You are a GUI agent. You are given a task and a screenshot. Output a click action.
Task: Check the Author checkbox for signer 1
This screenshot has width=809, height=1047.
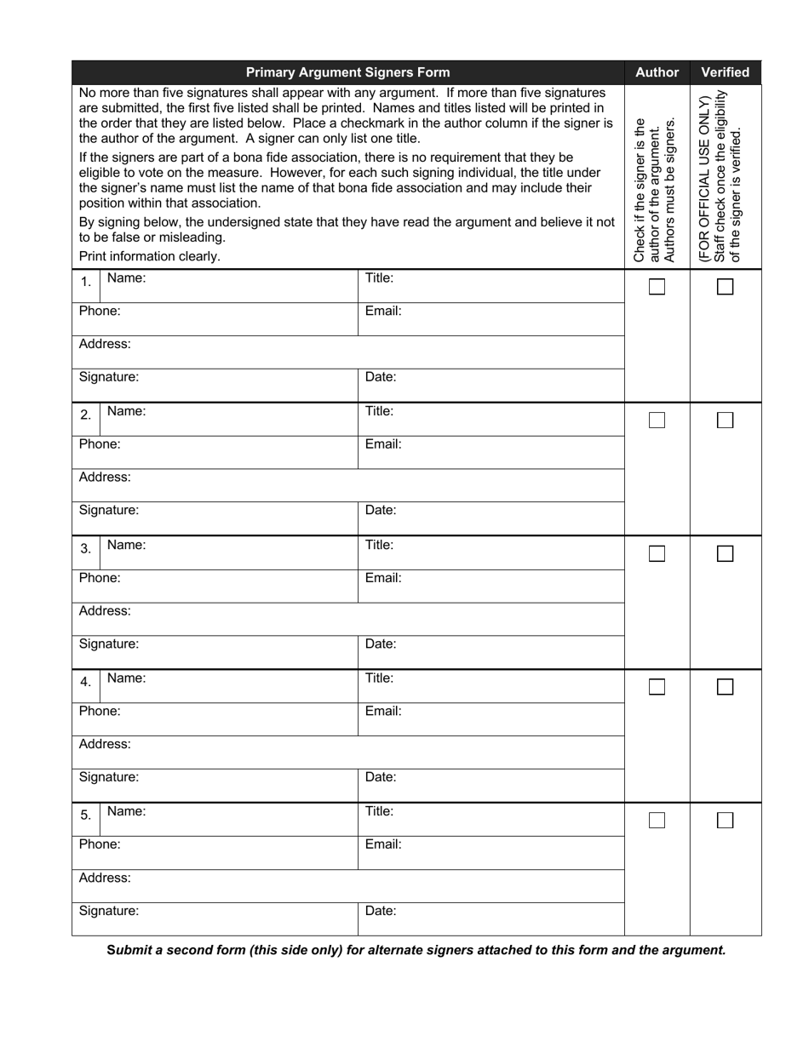tap(657, 287)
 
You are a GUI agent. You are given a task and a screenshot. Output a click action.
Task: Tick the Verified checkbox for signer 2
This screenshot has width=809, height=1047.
tap(725, 421)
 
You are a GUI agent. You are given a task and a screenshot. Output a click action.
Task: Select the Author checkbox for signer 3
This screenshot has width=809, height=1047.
tap(657, 554)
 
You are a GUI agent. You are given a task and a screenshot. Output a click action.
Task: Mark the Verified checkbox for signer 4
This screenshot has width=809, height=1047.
tap(725, 687)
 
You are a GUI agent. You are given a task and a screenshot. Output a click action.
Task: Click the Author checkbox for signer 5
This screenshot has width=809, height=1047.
tap(657, 821)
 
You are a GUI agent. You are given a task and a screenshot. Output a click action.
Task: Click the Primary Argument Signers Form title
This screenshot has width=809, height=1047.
tap(347, 72)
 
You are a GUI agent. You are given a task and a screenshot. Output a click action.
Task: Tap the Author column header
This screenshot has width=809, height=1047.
tap(657, 72)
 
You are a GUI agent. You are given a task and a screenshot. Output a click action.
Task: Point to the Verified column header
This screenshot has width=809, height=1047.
tap(726, 72)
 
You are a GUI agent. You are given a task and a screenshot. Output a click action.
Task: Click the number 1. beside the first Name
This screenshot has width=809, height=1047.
tap(86, 282)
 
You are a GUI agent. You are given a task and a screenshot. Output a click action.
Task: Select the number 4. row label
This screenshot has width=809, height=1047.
tap(86, 682)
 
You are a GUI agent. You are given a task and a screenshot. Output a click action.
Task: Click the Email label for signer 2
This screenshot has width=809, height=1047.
tap(383, 444)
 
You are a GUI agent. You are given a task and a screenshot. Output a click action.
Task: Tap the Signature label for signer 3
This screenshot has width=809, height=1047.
tap(109, 644)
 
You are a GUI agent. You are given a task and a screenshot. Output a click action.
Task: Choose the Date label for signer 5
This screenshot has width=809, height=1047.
tap(381, 911)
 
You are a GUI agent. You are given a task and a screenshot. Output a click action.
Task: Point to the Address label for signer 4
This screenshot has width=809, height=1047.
tap(105, 744)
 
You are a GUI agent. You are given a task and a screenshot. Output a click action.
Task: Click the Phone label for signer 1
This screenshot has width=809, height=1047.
tap(100, 312)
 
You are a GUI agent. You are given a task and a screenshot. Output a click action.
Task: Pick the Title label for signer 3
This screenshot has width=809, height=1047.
tap(380, 545)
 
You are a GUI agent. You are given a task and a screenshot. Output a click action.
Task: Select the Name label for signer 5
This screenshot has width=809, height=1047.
tap(127, 811)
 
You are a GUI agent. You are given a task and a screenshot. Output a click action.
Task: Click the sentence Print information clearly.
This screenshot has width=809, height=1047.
tap(150, 256)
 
